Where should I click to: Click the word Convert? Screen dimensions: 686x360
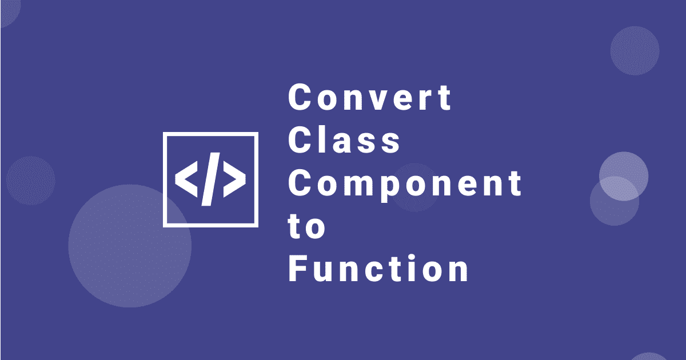370,97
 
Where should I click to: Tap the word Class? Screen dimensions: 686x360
344,140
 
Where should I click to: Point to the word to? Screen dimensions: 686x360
306,227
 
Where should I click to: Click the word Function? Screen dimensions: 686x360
378,268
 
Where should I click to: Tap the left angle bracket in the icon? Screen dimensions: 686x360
186,179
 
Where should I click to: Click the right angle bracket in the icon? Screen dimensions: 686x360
234,179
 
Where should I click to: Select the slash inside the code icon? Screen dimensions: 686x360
211,179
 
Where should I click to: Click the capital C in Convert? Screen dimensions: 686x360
300,97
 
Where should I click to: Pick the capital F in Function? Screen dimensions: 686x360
298,268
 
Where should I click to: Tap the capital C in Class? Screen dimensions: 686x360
300,140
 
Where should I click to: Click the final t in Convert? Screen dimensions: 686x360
444,98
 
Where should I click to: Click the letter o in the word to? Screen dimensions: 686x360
316,229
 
